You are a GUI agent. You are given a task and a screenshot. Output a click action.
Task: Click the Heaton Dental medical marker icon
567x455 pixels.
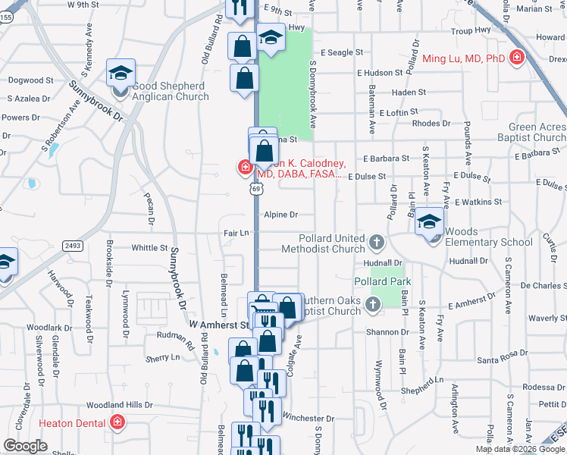[x=117, y=422]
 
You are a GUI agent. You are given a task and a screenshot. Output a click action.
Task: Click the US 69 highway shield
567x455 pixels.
[x=252, y=186]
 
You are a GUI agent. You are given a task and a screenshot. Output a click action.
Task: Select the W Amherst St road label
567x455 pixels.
[x=219, y=325]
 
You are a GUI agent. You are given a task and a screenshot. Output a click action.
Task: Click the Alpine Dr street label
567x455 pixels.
[x=281, y=215]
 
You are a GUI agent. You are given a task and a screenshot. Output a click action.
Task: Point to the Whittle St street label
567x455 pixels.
[x=149, y=248]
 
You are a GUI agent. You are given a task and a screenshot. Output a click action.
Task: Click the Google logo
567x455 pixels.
[x=25, y=446]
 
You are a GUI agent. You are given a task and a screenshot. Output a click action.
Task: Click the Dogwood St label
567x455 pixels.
[x=31, y=80]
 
